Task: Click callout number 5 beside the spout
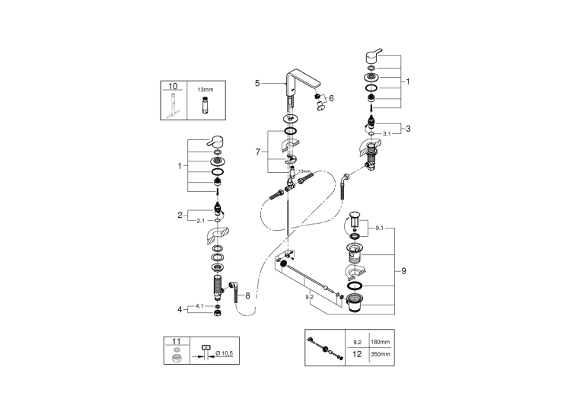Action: pos(257,83)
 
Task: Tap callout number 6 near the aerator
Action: pos(331,98)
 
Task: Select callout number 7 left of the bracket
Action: pos(258,152)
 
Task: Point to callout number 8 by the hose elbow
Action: pos(247,296)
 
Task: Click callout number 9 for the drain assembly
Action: pos(404,271)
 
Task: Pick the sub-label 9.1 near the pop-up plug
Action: pos(379,228)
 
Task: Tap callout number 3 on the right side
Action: pos(408,129)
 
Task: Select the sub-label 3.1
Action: pos(387,134)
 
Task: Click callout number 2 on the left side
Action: pos(180,215)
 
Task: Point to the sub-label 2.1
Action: pos(200,221)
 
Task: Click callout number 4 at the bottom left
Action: pos(180,309)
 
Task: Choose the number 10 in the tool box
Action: pos(174,86)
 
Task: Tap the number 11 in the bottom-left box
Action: pos(177,341)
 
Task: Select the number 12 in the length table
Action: pos(357,354)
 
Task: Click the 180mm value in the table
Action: pos(380,342)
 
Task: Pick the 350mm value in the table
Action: pos(380,354)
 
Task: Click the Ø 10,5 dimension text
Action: pos(225,353)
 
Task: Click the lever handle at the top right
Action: pos(373,56)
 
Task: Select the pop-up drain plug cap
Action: pos(355,215)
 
